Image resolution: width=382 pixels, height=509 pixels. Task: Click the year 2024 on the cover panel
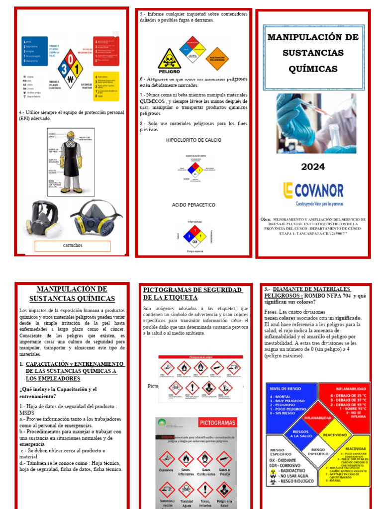(x=313, y=167)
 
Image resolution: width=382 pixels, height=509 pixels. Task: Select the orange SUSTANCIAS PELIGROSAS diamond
(x=217, y=59)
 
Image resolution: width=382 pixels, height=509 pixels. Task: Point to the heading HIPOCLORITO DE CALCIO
(x=193, y=140)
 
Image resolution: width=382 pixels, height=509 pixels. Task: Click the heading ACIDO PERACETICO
(x=193, y=205)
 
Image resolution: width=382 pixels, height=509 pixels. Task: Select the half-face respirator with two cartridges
(x=96, y=217)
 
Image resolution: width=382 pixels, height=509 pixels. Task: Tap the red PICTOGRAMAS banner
(x=217, y=423)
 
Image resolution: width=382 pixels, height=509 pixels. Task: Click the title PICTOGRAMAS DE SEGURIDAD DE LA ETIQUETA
(x=192, y=293)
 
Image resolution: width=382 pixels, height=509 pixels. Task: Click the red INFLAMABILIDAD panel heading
(x=345, y=389)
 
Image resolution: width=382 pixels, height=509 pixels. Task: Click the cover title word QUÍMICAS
(x=313, y=69)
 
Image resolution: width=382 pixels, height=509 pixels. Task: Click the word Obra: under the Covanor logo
(x=266, y=219)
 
